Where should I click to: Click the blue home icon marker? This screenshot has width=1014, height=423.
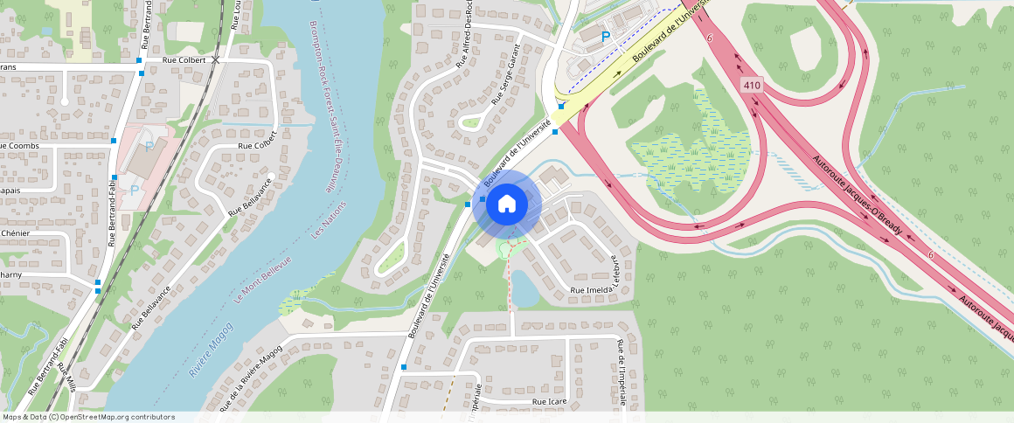click(506, 205)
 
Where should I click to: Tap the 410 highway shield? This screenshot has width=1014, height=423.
click(751, 85)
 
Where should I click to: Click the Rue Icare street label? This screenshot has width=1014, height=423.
click(552, 401)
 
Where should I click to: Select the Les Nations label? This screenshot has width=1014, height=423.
click(329, 219)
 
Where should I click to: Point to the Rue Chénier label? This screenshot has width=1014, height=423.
click(16, 233)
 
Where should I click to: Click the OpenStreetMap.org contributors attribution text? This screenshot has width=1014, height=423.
click(114, 417)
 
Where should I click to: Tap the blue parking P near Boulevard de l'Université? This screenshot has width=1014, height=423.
click(605, 38)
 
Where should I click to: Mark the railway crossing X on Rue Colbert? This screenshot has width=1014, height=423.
click(216, 59)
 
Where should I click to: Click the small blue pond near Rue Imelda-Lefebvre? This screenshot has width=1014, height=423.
click(524, 288)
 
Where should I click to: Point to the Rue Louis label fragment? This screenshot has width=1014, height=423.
click(236, 15)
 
